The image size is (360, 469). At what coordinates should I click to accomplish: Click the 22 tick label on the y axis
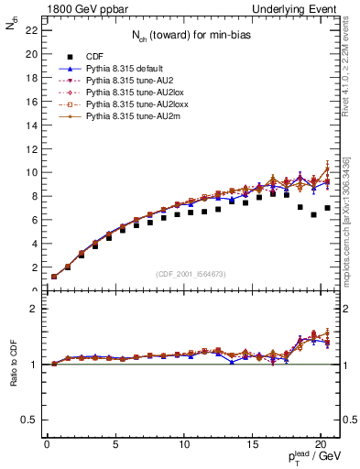click(30, 30)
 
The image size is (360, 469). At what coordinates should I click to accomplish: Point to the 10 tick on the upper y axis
click(30, 172)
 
